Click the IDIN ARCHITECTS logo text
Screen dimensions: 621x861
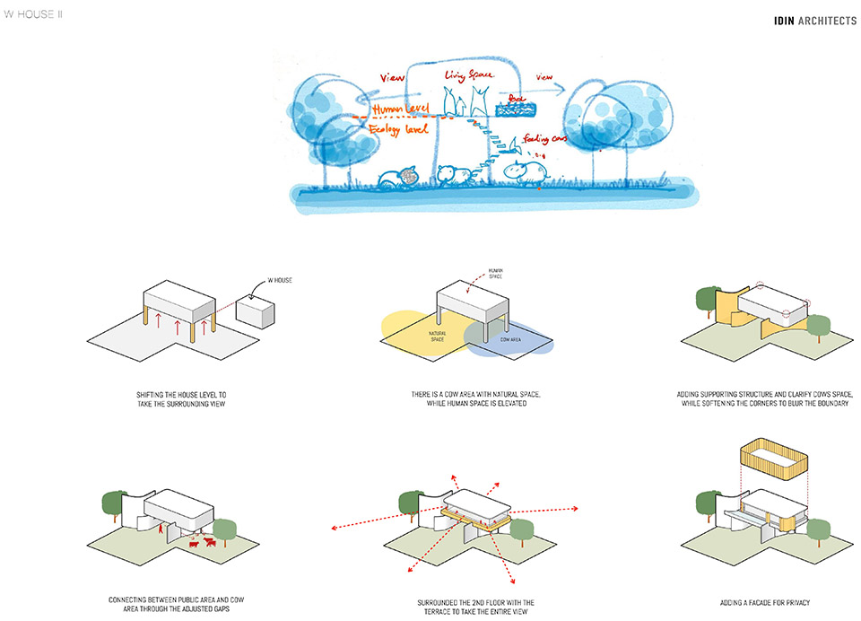(814, 21)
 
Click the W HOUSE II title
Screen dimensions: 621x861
(33, 15)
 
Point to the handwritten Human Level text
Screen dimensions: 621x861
(401, 109)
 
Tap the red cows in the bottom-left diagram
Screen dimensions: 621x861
(200, 542)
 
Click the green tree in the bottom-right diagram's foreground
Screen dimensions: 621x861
(817, 529)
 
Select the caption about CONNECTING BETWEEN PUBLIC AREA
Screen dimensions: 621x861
(177, 603)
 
